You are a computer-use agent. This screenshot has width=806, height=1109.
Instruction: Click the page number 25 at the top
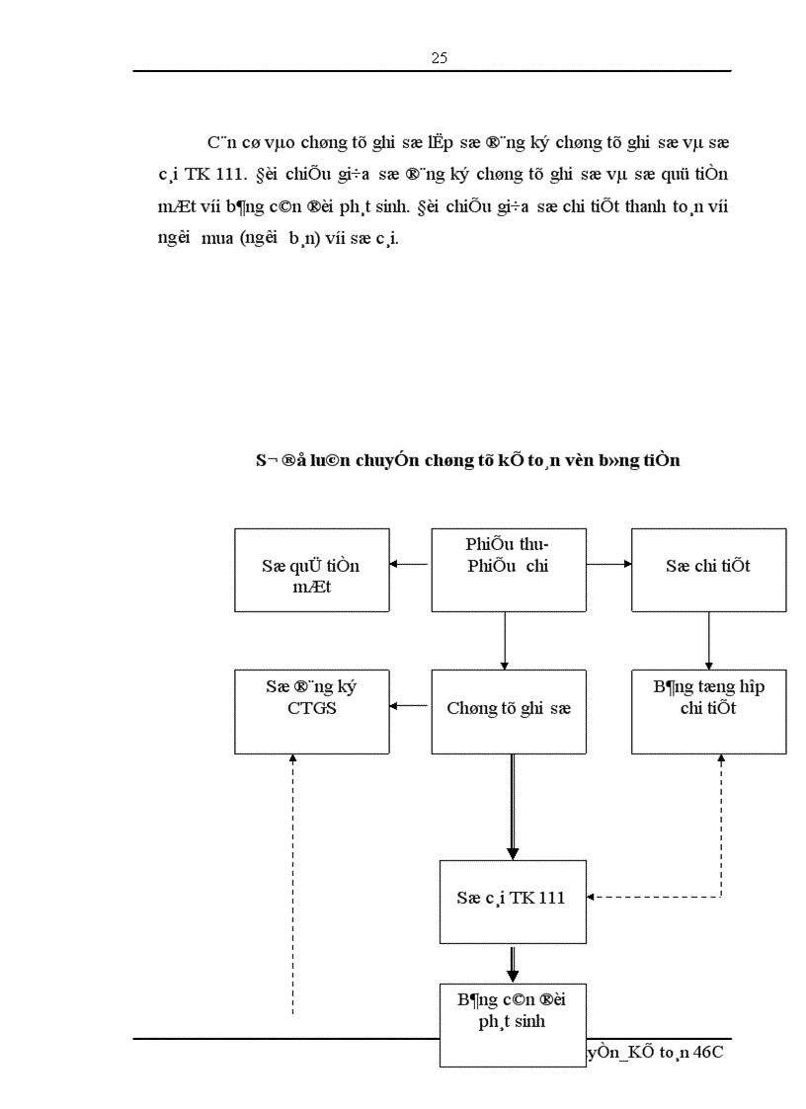pyautogui.click(x=440, y=58)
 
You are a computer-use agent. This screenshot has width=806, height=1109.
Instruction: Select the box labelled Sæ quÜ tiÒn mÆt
pyautogui.click(x=311, y=570)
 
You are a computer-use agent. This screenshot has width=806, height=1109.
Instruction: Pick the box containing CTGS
pyautogui.click(x=311, y=711)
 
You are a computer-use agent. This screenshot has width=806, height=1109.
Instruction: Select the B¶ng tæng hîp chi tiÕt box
pyautogui.click(x=708, y=711)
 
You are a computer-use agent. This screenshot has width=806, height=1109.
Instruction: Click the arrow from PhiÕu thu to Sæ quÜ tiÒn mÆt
pyautogui.click(x=410, y=565)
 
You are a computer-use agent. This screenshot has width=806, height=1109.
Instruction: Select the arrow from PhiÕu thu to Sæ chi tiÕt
pyautogui.click(x=609, y=565)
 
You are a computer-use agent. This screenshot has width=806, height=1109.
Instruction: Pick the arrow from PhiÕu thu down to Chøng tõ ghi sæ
pyautogui.click(x=505, y=640)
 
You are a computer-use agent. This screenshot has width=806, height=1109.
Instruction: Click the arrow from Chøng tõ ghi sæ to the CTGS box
pyautogui.click(x=410, y=706)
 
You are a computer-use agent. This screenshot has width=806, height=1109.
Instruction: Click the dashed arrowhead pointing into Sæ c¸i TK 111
pyautogui.click(x=592, y=898)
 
